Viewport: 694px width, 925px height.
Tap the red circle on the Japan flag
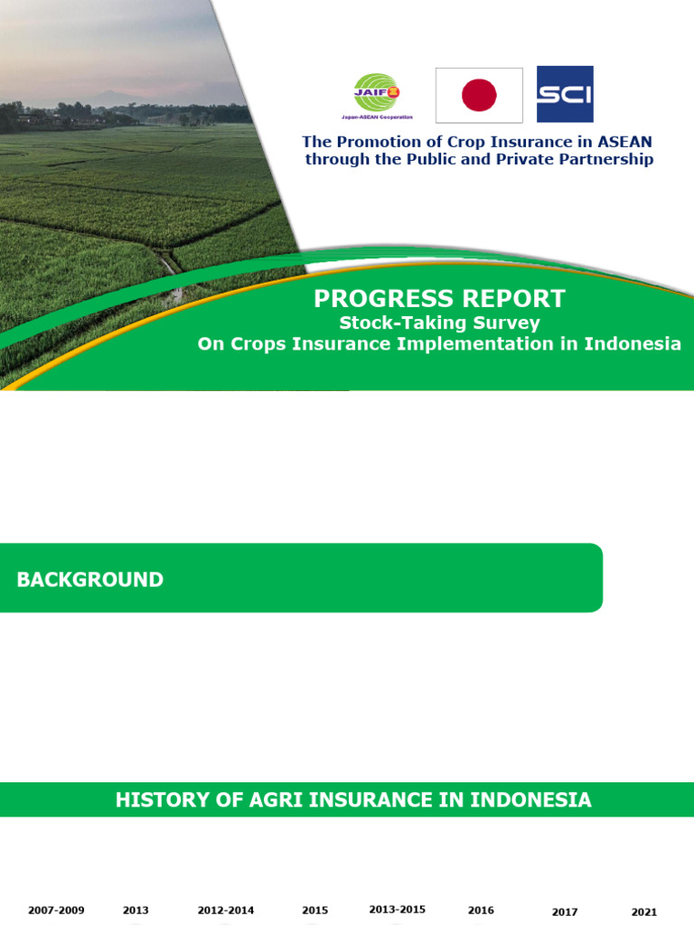coord(479,95)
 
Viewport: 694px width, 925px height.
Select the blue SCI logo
coord(565,94)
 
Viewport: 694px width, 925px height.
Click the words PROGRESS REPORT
coord(439,299)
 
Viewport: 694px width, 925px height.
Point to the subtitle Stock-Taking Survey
coord(439,322)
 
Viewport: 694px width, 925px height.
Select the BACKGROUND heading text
coord(90,580)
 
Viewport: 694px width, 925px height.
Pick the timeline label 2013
coord(136,911)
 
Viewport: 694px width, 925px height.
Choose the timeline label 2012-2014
coord(226,911)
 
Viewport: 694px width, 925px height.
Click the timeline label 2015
coord(314,911)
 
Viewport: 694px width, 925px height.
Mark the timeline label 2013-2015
coord(398,910)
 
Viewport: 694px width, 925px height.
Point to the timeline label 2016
coord(481,911)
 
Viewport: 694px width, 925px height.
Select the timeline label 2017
coord(565,912)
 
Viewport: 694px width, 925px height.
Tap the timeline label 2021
coord(644,912)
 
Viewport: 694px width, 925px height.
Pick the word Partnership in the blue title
coord(605,160)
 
